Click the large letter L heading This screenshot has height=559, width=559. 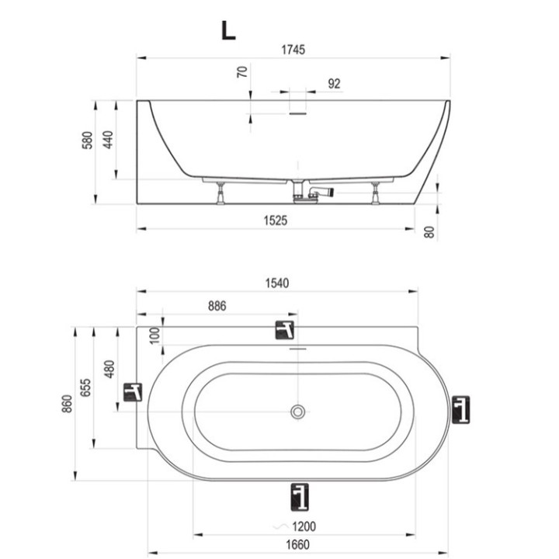click(228, 30)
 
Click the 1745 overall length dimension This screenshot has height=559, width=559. click(293, 50)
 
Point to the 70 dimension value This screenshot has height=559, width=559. click(242, 72)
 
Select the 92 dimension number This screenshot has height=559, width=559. click(334, 84)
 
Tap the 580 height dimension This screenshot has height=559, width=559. click(87, 140)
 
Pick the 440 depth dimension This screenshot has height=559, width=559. click(108, 140)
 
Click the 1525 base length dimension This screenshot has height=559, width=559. click(275, 220)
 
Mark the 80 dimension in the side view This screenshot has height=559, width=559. click(430, 232)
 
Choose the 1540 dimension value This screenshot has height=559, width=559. click(277, 283)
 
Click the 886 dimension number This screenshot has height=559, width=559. click(217, 306)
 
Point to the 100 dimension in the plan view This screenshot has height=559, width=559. click(155, 335)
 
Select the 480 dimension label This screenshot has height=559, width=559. click(109, 370)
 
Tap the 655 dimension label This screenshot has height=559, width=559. click(85, 387)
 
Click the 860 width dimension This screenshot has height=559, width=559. click(67, 404)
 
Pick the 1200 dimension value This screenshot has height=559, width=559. click(304, 526)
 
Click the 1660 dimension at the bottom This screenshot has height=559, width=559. click(297, 545)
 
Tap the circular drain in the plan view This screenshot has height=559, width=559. click(297, 411)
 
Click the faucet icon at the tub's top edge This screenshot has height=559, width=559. click(284, 330)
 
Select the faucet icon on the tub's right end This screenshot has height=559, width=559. click(460, 410)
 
